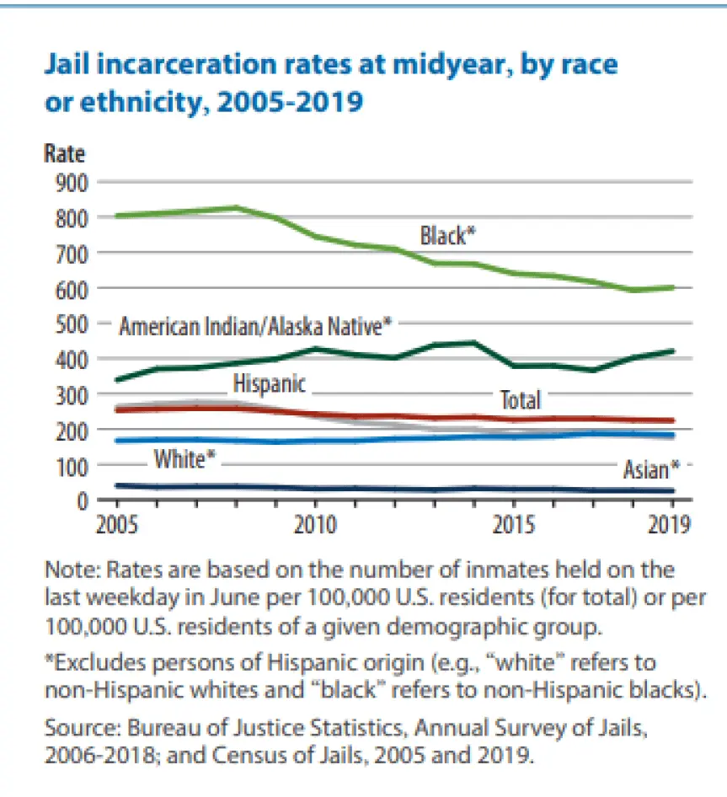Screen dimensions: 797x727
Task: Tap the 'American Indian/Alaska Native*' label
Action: pyautogui.click(x=255, y=326)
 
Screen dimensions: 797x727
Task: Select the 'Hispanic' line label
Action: pyautogui.click(x=270, y=385)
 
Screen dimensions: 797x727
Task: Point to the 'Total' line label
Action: pyautogui.click(x=521, y=399)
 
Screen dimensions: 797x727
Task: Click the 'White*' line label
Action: pyautogui.click(x=184, y=460)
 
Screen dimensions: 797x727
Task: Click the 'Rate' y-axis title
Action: pyautogui.click(x=65, y=155)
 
